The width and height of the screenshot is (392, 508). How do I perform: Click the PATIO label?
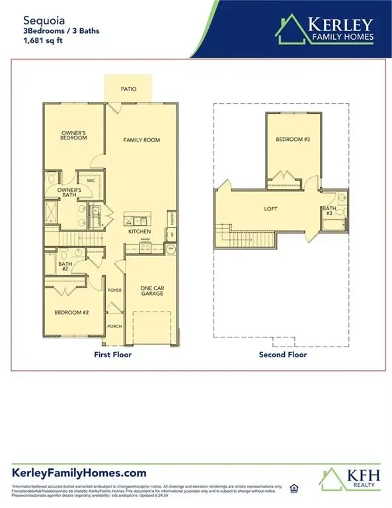click(x=128, y=89)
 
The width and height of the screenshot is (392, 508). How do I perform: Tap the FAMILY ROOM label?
click(x=142, y=140)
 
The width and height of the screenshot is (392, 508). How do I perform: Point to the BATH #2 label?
click(x=65, y=266)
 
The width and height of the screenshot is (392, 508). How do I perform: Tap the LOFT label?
click(x=270, y=208)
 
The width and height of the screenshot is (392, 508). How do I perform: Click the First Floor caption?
click(x=112, y=355)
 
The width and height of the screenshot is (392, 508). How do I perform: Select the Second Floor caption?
click(x=283, y=355)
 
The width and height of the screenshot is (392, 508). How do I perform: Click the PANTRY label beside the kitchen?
click(x=172, y=217)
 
